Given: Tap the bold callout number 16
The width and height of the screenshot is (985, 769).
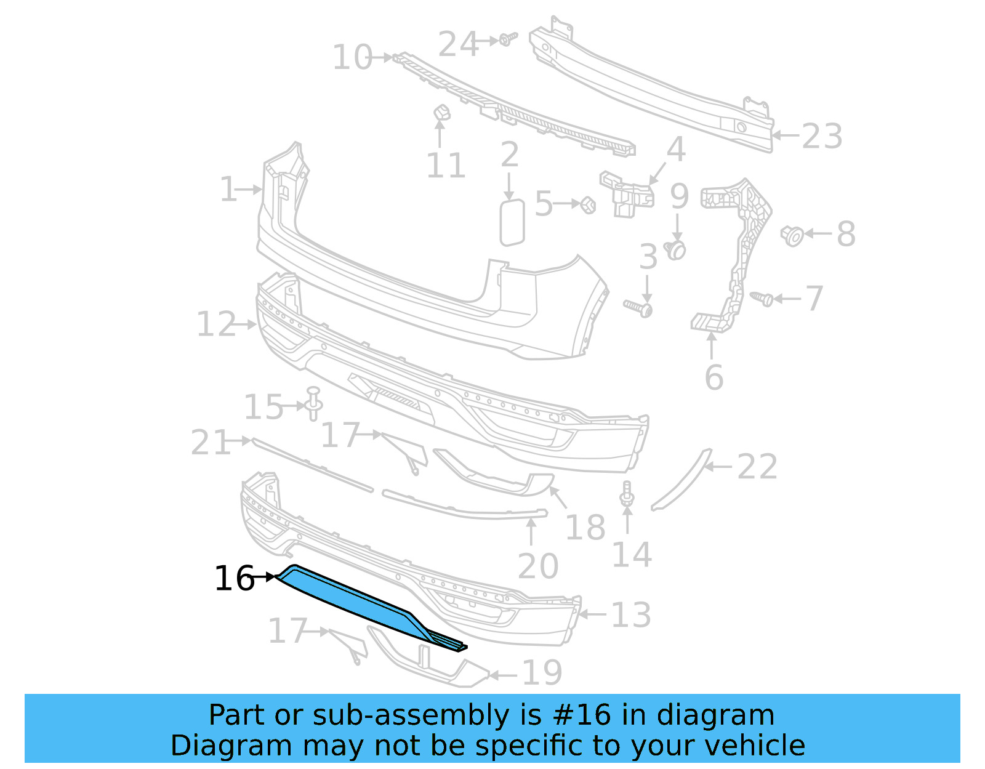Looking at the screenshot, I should coord(234,579).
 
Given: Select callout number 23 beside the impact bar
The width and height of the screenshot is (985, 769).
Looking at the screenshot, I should coord(822,136).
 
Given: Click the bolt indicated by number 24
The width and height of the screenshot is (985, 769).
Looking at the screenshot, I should coord(507,39).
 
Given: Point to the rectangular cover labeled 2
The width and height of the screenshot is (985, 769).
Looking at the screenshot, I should coord(512,222).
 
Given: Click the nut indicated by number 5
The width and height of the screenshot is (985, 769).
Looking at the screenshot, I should coord(588,204).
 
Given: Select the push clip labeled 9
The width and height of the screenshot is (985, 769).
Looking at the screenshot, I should coord(677,249).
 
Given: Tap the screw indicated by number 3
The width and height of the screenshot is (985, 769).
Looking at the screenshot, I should coord(639,307).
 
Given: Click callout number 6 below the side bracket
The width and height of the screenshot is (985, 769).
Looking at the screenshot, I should coord(714,377).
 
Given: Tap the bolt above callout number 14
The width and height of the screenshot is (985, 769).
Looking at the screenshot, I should coord(627,494).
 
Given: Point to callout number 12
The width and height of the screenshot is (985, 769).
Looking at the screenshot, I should coord(215,324).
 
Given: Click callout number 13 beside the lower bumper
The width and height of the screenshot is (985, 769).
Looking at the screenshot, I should coord(631,614).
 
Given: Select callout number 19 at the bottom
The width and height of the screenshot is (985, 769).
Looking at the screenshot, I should coord(542,672).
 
